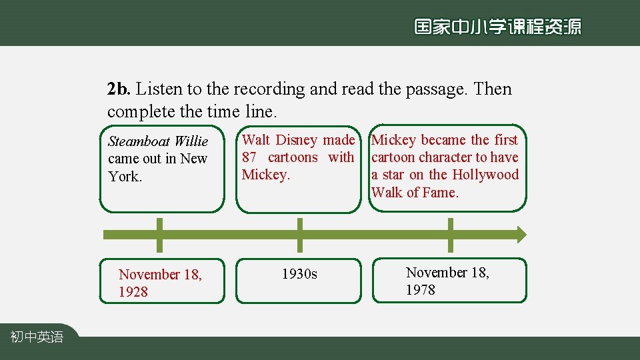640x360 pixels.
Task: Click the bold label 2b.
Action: pyautogui.click(x=119, y=89)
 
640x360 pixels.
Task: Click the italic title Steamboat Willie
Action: pyautogui.click(x=158, y=141)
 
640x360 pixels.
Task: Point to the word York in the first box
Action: pyautogui.click(x=124, y=177)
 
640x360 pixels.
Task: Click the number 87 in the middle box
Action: pyautogui.click(x=250, y=157)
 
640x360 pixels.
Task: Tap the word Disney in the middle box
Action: pyautogui.click(x=296, y=140)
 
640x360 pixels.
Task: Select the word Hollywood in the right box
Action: pyautogui.click(x=485, y=175)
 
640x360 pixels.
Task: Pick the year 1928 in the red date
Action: pyautogui.click(x=133, y=292)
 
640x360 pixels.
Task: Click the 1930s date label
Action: pyautogui.click(x=299, y=274)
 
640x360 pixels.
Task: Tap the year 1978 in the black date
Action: pyautogui.click(x=421, y=290)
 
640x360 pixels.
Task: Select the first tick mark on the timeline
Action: pyautogui.click(x=159, y=235)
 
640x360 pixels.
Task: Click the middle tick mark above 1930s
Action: pyautogui.click(x=300, y=235)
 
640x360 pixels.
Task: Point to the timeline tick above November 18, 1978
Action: pyautogui.click(x=451, y=235)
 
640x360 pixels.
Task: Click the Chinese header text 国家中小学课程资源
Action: pyautogui.click(x=497, y=27)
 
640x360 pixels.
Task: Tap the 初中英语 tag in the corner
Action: pyautogui.click(x=37, y=337)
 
